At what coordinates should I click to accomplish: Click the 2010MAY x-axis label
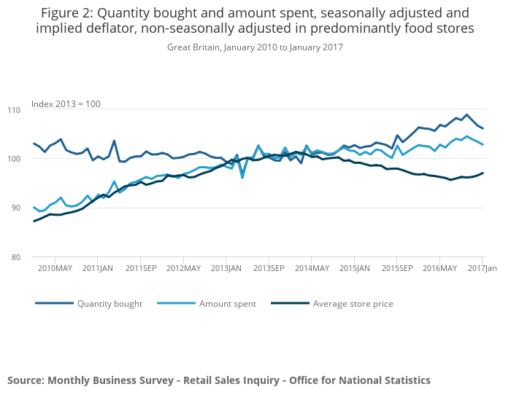tap(55, 269)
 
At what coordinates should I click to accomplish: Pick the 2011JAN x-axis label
tap(98, 269)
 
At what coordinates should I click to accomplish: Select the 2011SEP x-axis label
tap(141, 269)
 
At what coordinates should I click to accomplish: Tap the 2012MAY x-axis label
tap(183, 269)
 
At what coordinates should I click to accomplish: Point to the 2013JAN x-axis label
tap(226, 269)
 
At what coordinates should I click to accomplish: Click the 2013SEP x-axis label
tap(269, 269)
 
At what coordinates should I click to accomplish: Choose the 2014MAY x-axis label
tap(312, 269)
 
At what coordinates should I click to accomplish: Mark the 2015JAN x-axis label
tap(354, 269)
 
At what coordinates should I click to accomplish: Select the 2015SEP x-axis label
tap(397, 269)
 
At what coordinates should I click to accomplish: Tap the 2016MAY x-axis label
tap(439, 269)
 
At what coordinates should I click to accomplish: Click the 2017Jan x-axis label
tap(481, 269)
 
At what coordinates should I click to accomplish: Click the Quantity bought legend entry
tap(109, 304)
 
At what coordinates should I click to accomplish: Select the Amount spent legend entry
tap(228, 304)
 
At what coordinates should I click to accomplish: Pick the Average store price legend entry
tap(353, 304)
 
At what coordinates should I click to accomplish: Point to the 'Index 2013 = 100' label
tap(66, 104)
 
